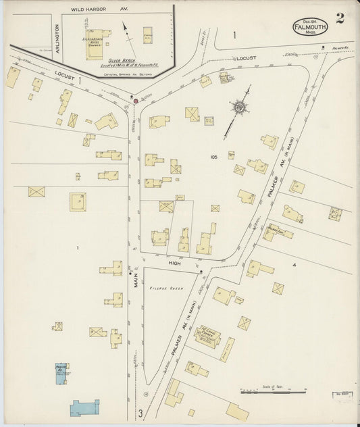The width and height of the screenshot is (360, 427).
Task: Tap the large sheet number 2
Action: pyautogui.click(x=340, y=18)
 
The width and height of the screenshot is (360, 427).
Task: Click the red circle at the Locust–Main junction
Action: pyautogui.click(x=136, y=101)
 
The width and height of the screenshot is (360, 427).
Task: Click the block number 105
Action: pyautogui.click(x=213, y=157)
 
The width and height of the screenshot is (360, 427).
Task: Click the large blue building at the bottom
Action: pyautogui.click(x=84, y=407)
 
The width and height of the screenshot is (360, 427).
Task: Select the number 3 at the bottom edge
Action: pyautogui.click(x=140, y=413)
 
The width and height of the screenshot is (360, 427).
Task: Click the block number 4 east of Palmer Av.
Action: pyautogui.click(x=294, y=265)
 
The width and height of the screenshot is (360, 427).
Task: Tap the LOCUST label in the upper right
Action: pyautogui.click(x=246, y=58)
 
